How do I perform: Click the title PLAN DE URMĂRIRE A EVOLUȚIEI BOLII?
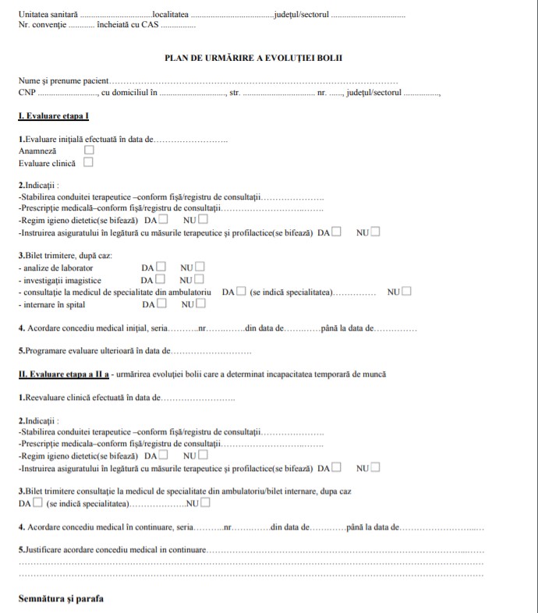(x=253, y=58)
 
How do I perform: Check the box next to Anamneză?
(x=89, y=151)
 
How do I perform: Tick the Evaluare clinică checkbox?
(x=88, y=163)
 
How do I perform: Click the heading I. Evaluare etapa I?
(x=54, y=116)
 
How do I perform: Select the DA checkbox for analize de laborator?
(x=161, y=267)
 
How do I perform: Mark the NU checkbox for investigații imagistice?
(x=200, y=279)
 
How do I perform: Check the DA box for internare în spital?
(x=161, y=304)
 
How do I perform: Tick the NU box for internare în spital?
(x=200, y=304)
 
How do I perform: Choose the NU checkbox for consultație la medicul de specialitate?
(x=406, y=292)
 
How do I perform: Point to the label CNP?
(x=27, y=93)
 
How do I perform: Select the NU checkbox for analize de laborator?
(x=200, y=267)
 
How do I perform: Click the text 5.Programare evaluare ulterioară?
(x=94, y=351)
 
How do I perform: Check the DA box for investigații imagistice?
(x=161, y=279)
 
